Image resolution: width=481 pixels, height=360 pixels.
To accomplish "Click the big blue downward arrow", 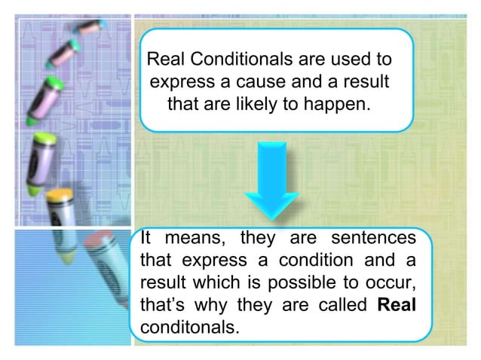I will pyautogui.click(x=273, y=178).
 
